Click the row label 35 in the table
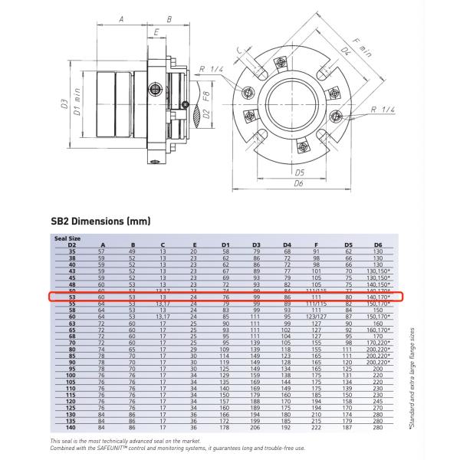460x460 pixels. point(72,251)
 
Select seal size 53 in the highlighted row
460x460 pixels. point(72,296)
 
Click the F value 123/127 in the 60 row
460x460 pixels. point(316,315)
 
